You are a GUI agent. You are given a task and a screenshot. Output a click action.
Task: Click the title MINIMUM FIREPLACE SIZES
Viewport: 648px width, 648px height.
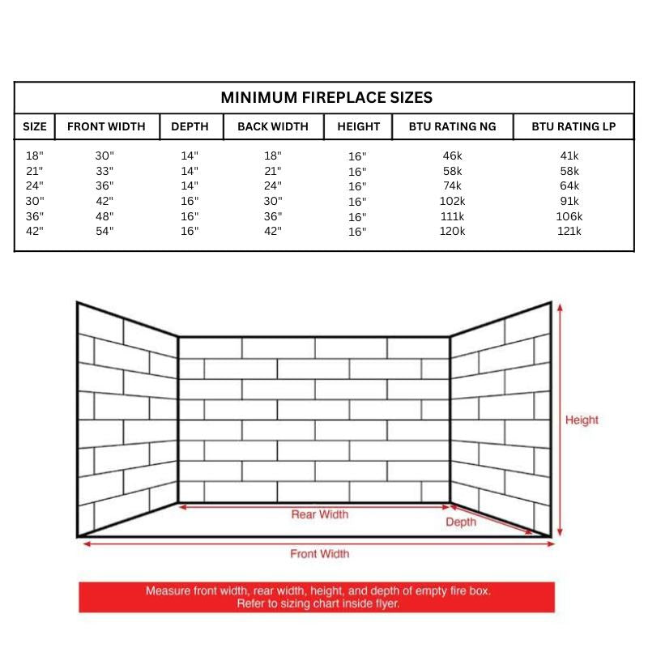pos(326,98)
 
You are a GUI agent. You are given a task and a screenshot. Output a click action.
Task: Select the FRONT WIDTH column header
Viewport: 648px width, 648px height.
pos(106,126)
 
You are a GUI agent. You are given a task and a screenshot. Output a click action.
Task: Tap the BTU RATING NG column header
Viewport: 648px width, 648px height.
pos(452,126)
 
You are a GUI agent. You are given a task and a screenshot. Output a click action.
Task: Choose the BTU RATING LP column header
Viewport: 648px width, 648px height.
pos(573,126)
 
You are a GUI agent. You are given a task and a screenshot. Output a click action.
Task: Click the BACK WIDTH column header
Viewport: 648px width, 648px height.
pos(273,126)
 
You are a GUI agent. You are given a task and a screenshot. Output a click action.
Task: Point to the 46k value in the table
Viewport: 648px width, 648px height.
pos(452,156)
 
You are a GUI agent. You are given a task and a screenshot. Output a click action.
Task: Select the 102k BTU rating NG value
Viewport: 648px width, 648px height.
pos(452,201)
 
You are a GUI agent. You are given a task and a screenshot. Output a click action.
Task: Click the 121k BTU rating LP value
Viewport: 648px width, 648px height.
pos(569,232)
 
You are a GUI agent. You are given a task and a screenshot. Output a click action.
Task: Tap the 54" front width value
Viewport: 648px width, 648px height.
pos(105,232)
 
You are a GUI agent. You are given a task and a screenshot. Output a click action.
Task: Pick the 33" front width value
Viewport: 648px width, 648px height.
pos(105,171)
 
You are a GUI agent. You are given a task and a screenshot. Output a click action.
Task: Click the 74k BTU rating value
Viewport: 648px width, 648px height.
pos(452,185)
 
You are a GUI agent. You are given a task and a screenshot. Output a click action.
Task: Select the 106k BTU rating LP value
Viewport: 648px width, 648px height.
pos(569,216)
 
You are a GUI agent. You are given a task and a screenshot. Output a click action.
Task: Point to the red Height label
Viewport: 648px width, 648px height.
pos(582,420)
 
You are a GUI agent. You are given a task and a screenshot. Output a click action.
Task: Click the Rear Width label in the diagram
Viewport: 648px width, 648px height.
pos(320,514)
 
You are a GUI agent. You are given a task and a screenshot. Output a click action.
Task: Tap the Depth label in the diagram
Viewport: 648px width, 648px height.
pos(461,522)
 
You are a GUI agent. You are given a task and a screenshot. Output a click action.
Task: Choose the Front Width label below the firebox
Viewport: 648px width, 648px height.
pos(320,554)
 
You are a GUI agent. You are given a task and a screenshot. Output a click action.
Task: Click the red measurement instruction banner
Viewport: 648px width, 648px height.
pos(318,598)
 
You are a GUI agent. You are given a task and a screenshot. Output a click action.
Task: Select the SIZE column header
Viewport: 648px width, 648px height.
pos(35,126)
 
